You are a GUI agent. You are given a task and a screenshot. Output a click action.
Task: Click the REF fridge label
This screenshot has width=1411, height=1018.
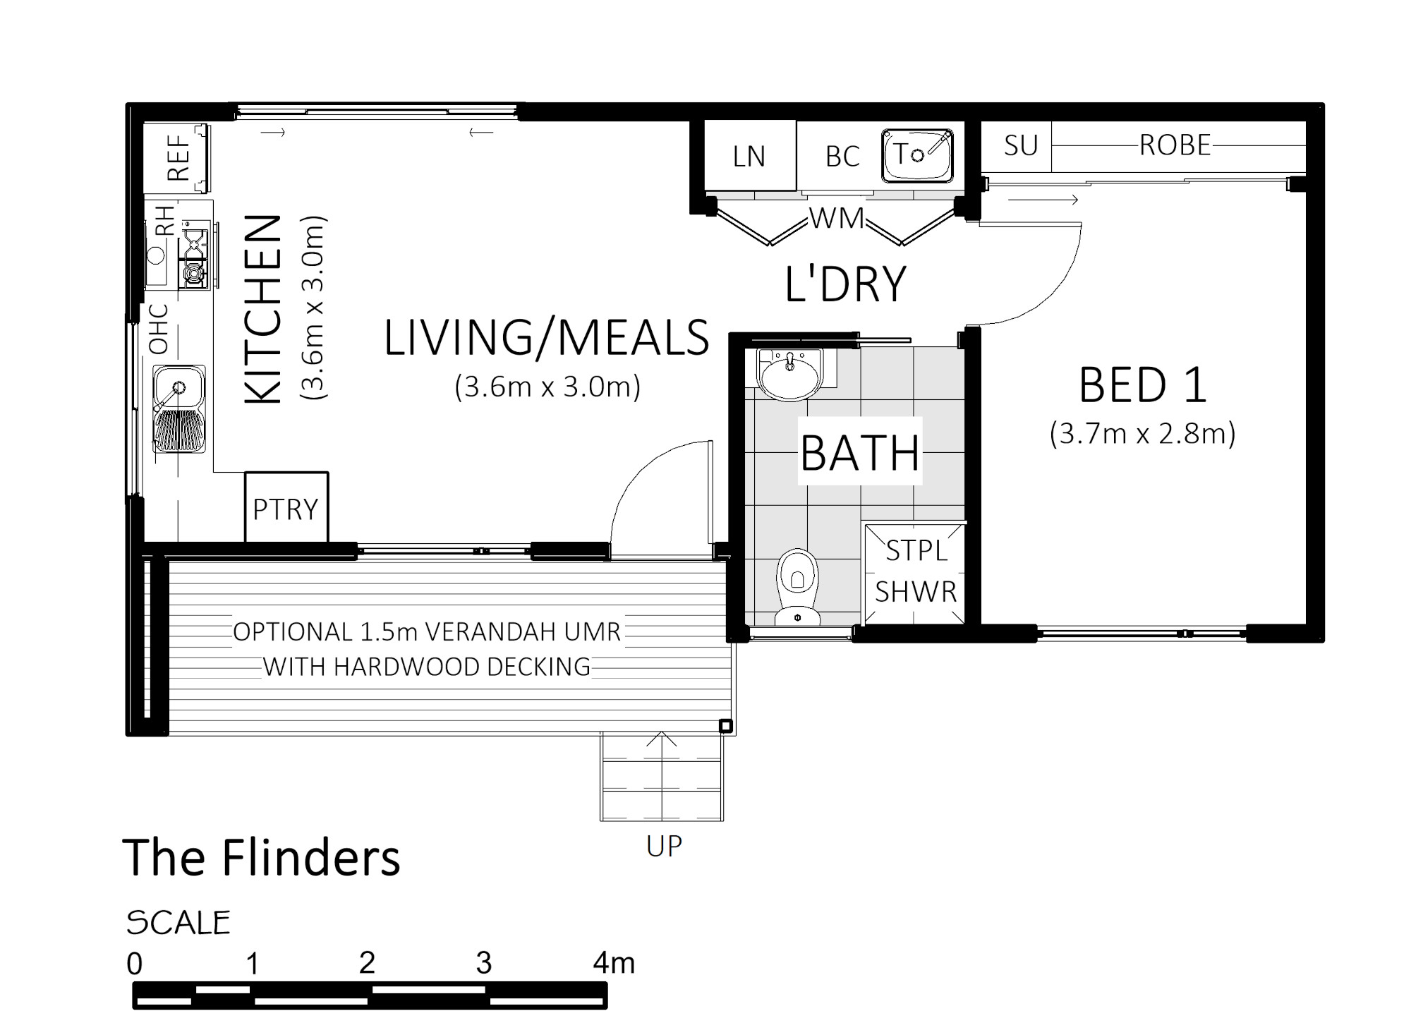pyautogui.click(x=179, y=158)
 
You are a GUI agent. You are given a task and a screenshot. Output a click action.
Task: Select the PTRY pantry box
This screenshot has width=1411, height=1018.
pyautogui.click(x=286, y=507)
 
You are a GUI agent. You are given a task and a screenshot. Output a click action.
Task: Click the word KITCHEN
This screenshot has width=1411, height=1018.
pyautogui.click(x=262, y=310)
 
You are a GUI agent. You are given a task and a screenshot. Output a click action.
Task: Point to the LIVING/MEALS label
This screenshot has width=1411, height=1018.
pyautogui.click(x=546, y=337)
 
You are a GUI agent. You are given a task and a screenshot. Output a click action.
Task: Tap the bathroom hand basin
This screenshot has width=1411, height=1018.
pyautogui.click(x=790, y=374)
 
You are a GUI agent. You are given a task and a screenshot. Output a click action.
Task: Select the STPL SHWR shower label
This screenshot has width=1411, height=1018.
pyautogui.click(x=916, y=571)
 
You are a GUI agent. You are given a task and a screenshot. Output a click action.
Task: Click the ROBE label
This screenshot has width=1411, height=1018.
pyautogui.click(x=1175, y=145)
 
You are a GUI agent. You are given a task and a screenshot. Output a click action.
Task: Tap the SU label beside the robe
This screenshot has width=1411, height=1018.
pyautogui.click(x=1021, y=145)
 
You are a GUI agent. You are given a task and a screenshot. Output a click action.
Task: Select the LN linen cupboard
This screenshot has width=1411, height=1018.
pyautogui.click(x=750, y=155)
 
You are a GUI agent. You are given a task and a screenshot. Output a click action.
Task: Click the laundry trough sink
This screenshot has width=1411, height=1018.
pyautogui.click(x=917, y=154)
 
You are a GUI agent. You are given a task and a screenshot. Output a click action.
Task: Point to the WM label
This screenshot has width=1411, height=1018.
pyautogui.click(x=837, y=219)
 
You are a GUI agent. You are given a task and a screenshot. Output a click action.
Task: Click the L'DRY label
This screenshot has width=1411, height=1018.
pyautogui.click(x=845, y=284)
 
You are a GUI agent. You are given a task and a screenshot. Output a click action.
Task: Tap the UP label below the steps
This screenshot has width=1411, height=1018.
pyautogui.click(x=664, y=846)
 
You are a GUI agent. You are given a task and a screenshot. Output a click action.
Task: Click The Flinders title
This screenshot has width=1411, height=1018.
pyautogui.click(x=261, y=857)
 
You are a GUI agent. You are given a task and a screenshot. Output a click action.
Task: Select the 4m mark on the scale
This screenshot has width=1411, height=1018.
pyautogui.click(x=614, y=962)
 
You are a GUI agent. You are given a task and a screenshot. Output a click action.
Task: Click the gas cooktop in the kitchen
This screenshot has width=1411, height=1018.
pyautogui.click(x=195, y=255)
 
